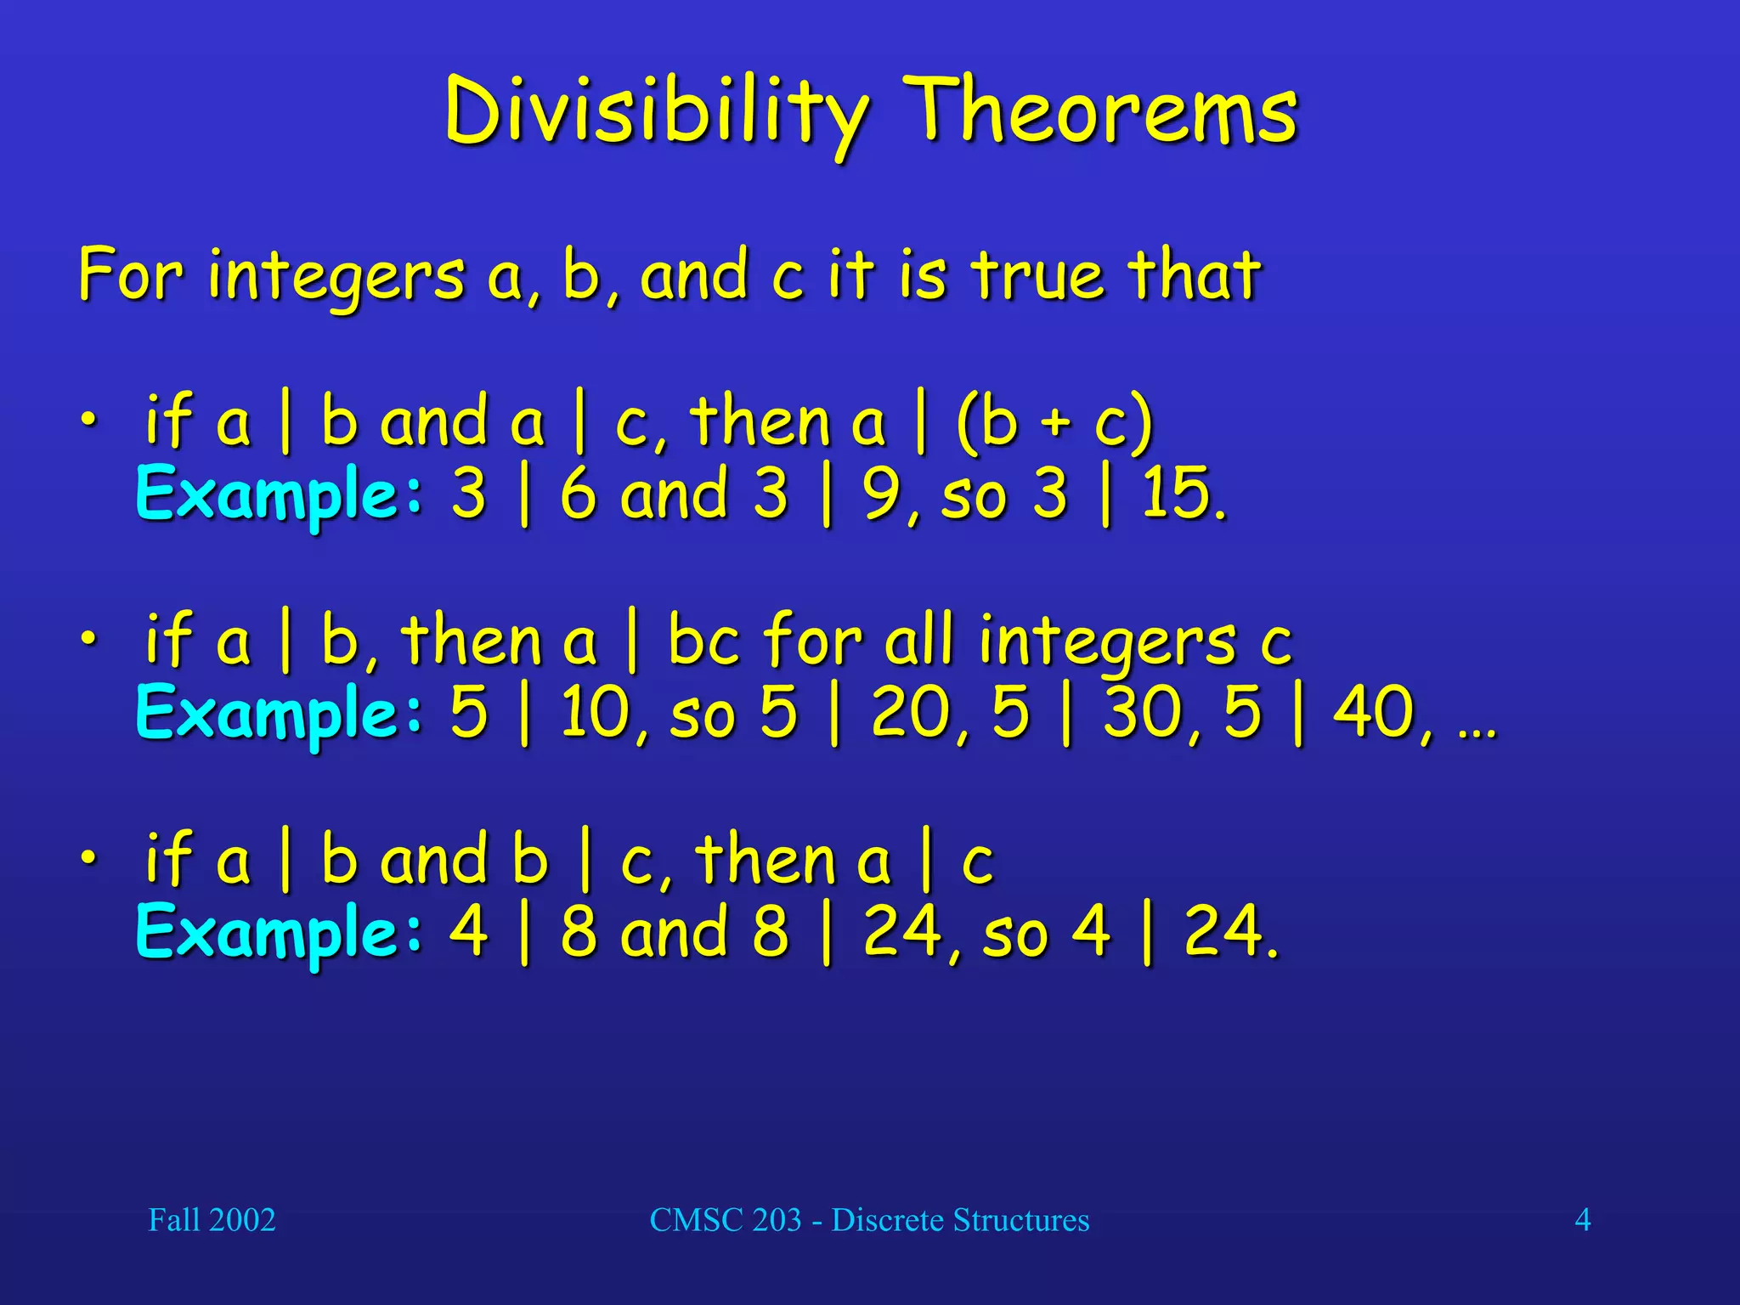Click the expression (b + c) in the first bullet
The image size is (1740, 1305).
(1054, 422)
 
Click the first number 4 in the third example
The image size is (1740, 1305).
(468, 931)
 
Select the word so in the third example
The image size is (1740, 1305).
(1014, 935)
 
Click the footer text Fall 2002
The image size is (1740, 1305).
(212, 1220)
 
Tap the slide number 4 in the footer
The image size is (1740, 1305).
(1583, 1220)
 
